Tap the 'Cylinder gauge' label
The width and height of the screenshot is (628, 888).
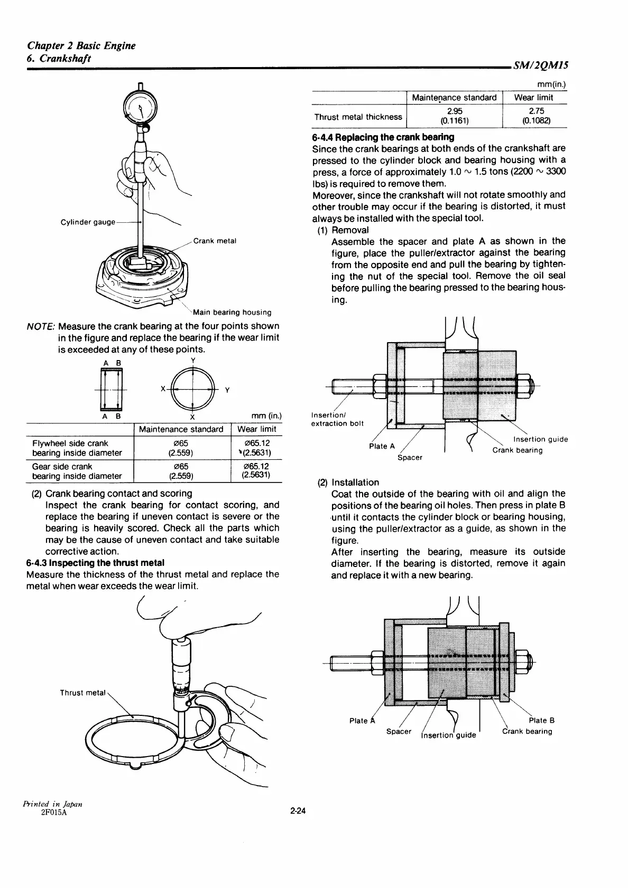88,222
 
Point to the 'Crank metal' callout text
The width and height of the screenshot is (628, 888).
215,241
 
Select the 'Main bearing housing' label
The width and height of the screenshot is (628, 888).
232,313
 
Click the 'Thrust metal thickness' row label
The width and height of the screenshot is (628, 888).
358,117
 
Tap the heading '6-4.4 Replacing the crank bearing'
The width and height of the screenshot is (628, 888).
383,137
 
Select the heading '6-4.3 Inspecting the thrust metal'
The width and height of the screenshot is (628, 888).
95,563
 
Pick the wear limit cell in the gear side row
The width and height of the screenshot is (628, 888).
256,471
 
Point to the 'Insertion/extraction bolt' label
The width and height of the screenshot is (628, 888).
337,419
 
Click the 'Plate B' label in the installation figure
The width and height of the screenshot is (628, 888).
541,720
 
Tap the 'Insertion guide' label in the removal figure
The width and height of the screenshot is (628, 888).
540,439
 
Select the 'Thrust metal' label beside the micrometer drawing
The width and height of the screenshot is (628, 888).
82,693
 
